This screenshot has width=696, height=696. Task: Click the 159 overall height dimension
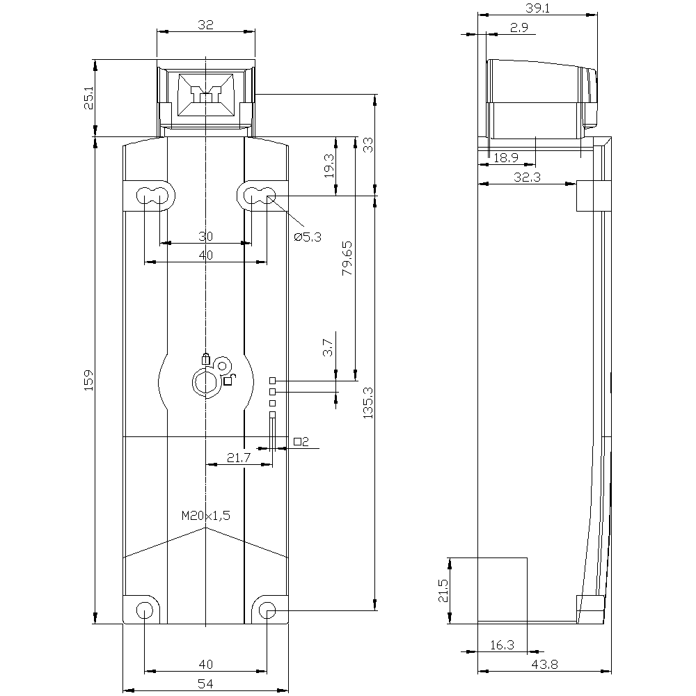click(x=89, y=380)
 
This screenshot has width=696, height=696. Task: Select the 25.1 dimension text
click(x=89, y=98)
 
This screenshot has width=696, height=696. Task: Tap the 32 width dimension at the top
click(x=205, y=24)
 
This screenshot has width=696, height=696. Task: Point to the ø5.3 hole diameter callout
click(x=308, y=237)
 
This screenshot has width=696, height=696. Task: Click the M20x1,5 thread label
click(x=206, y=515)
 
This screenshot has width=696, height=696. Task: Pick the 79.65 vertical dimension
click(x=347, y=258)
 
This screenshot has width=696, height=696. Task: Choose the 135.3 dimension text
click(x=368, y=403)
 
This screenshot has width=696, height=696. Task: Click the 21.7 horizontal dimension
click(x=239, y=458)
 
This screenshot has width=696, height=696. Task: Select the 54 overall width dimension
click(x=205, y=683)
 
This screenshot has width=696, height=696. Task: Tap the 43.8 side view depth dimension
click(x=544, y=665)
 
